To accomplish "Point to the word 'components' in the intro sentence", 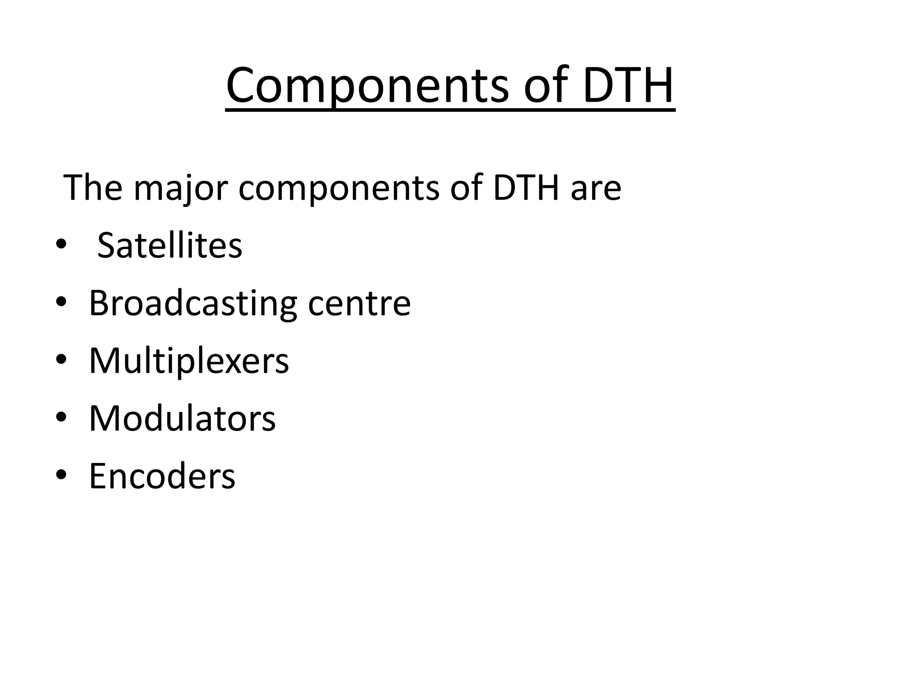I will [x=339, y=188].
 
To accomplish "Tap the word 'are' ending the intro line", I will [x=596, y=188].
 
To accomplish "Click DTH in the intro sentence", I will [x=525, y=188].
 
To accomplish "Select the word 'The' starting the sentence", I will [x=93, y=188].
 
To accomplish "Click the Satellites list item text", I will [x=169, y=245].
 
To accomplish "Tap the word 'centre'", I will [x=359, y=303].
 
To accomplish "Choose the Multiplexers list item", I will [x=189, y=361].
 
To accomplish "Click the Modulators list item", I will [x=182, y=419].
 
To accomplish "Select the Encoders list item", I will [x=162, y=476].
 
